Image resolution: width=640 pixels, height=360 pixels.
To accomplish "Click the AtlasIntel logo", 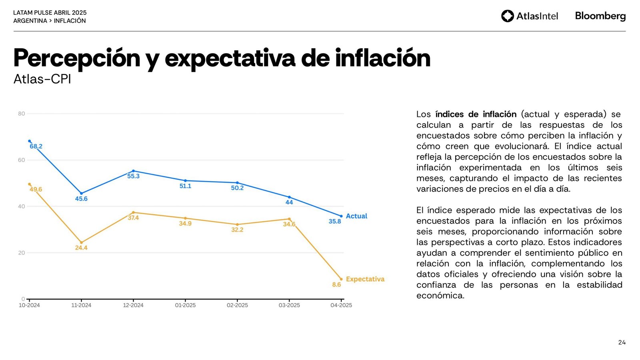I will (x=529, y=16).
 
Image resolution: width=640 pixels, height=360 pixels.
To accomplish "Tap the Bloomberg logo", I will (x=600, y=16).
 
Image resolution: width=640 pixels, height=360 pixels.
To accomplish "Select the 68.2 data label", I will (x=36, y=146).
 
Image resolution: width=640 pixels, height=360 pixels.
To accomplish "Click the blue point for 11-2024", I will (x=82, y=193).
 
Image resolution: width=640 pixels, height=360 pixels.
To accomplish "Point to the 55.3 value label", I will (x=133, y=176).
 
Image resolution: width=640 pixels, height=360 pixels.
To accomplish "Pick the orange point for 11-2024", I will (x=82, y=242).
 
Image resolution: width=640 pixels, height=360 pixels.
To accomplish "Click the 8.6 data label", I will (x=336, y=285).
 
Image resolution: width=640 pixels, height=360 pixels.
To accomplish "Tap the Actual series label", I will (x=356, y=216).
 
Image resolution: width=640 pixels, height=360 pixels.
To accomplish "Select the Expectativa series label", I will (x=365, y=279).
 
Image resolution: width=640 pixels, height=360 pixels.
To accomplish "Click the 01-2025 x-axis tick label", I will (x=185, y=305).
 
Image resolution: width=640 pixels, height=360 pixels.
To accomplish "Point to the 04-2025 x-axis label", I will (x=341, y=305).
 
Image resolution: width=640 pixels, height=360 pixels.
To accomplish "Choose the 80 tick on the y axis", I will (x=22, y=114).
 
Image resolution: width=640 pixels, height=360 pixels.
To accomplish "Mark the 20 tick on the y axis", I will (x=22, y=253).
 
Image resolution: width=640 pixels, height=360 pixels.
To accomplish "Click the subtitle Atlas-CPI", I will (x=42, y=79).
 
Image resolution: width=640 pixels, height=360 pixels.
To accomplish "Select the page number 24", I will (x=622, y=342).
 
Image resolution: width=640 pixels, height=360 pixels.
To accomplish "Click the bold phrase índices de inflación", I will (x=476, y=114).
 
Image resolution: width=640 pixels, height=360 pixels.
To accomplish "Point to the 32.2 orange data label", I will (x=237, y=230).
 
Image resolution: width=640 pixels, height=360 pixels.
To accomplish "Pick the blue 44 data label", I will (x=289, y=202).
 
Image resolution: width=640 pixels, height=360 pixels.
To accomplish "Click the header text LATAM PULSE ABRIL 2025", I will (x=50, y=13).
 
